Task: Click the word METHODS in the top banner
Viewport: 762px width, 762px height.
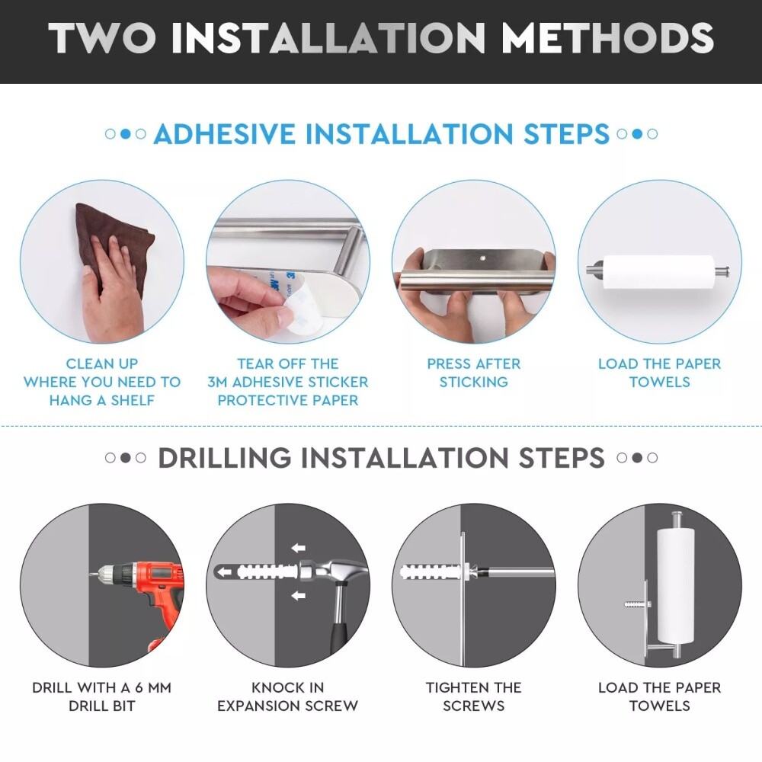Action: [x=607, y=38]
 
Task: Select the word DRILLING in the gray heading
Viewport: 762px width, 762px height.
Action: [x=225, y=458]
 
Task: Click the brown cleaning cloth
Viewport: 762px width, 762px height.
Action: [x=114, y=243]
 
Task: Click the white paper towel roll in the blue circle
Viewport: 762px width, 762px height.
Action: [x=658, y=272]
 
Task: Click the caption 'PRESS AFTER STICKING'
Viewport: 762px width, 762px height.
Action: [x=474, y=373]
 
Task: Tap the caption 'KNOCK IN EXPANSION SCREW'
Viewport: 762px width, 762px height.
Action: [x=288, y=696]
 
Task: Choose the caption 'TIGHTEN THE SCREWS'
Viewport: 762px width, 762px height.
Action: [x=474, y=696]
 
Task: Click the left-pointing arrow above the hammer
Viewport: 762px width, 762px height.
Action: [x=299, y=548]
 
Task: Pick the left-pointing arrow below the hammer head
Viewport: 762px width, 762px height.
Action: [x=299, y=595]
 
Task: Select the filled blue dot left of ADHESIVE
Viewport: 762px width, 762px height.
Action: [x=126, y=133]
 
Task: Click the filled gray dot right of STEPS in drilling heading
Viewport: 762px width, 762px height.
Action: [x=637, y=458]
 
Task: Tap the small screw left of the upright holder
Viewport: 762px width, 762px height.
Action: [x=636, y=605]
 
